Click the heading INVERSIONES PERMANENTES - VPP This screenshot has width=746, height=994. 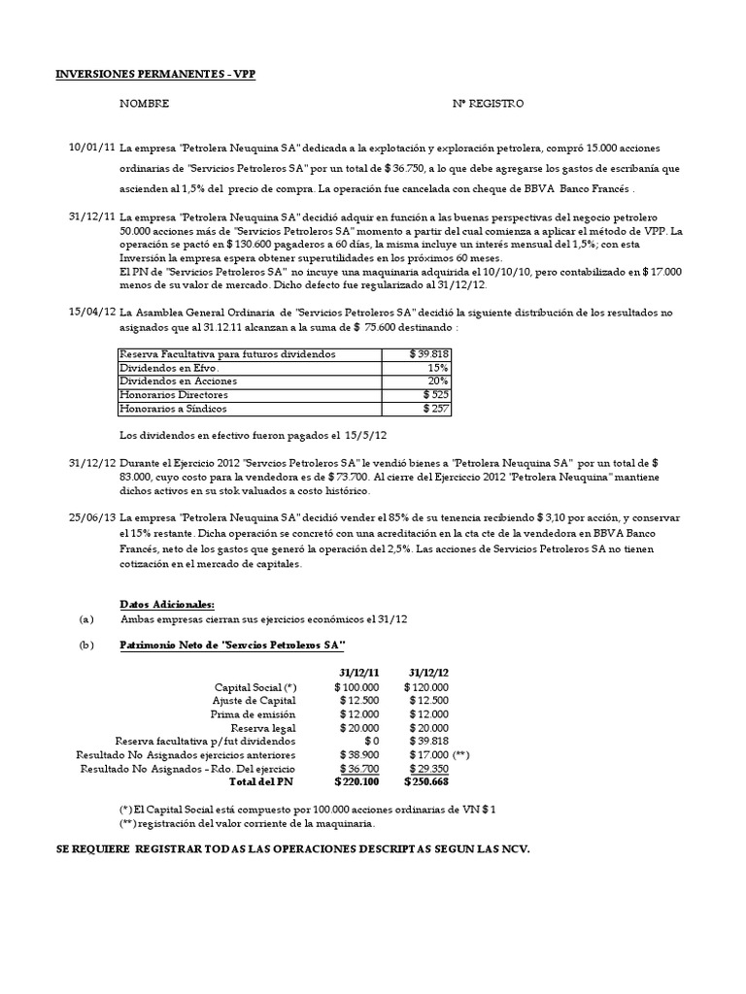pyautogui.click(x=154, y=74)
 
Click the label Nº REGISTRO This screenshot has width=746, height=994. pyautogui.click(x=488, y=103)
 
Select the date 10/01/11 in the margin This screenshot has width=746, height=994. pyautogui.click(x=91, y=147)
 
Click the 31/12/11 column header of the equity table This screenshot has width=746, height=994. pyautogui.click(x=359, y=672)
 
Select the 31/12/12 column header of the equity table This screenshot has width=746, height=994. pyautogui.click(x=428, y=672)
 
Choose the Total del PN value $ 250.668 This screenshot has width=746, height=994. pyautogui.click(x=426, y=781)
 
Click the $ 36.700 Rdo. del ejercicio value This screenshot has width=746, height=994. pyautogui.click(x=359, y=768)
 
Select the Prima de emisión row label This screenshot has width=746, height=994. pyautogui.click(x=254, y=713)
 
